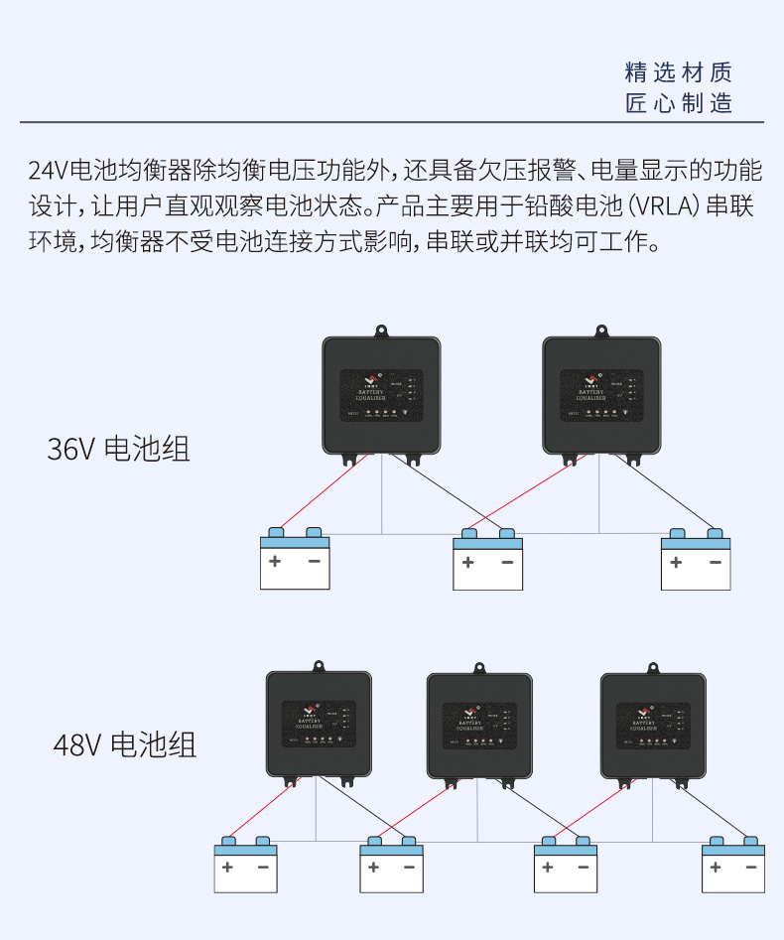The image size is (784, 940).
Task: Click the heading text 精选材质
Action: (x=679, y=72)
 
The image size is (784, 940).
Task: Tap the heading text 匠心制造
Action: (x=679, y=103)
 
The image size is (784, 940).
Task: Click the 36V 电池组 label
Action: (x=118, y=449)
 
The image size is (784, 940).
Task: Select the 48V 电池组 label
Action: (x=124, y=743)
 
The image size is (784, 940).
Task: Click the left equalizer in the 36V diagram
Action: (x=382, y=395)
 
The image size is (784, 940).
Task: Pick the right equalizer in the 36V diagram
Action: (x=601, y=395)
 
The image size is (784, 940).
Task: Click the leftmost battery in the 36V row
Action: (x=294, y=561)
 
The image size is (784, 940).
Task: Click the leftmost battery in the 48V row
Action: (x=245, y=866)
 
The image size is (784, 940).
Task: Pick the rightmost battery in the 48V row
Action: (x=732, y=866)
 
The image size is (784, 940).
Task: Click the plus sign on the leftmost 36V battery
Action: (x=275, y=562)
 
